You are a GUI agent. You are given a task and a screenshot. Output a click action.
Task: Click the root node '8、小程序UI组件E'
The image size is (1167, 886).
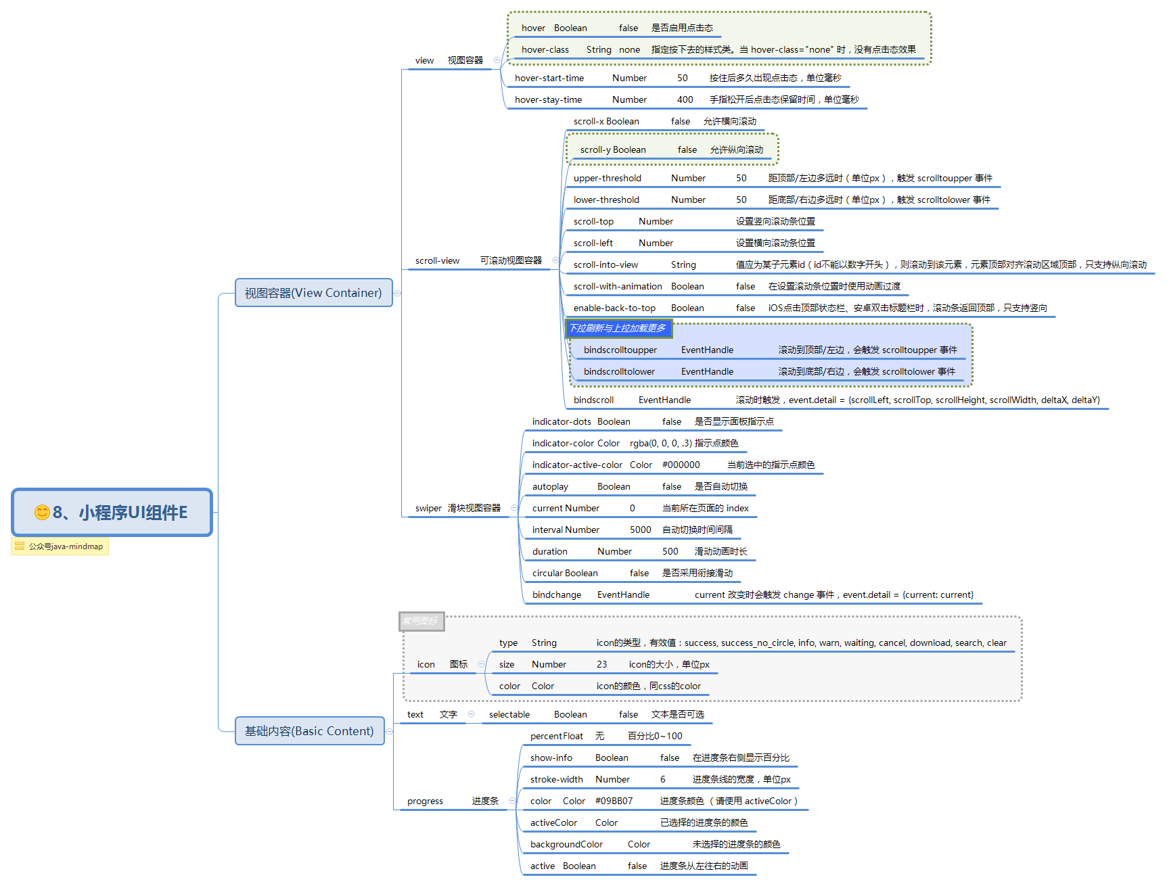pos(112,512)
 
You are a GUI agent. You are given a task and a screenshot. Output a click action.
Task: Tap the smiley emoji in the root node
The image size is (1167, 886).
pos(42,513)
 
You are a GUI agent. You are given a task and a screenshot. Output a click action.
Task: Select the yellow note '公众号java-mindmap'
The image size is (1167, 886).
pos(60,546)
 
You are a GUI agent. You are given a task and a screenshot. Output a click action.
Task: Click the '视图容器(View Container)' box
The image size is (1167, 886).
pos(314,293)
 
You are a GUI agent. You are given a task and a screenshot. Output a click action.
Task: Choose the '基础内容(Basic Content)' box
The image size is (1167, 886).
pos(310,731)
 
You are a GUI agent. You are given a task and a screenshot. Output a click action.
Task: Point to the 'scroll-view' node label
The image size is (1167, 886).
pos(437,261)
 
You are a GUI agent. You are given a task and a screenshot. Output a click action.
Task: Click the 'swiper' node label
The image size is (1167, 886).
pos(428,509)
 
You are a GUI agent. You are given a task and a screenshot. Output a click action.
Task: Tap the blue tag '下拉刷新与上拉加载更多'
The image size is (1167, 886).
pos(618,328)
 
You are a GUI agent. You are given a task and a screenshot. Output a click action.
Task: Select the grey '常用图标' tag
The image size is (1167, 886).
pos(421,621)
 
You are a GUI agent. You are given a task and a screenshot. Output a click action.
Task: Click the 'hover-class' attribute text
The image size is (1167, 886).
pos(545,50)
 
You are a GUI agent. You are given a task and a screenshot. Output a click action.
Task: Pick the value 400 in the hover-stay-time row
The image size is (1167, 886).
pos(685,100)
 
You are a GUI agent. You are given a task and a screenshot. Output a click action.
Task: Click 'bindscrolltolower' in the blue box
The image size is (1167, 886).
pos(619,372)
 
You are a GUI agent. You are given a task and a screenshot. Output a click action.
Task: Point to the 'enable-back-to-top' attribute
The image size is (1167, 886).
pos(614,308)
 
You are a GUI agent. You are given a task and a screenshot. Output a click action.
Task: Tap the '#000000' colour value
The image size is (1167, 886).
pos(681,465)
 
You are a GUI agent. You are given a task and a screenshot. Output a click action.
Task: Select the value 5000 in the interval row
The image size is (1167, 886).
pos(640,530)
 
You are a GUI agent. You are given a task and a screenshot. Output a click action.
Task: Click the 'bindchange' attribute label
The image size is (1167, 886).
pos(557,595)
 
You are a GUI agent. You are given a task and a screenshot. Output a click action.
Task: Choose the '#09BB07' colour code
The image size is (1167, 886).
pos(614,801)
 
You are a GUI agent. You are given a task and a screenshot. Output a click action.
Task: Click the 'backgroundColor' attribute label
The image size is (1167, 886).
pos(566,845)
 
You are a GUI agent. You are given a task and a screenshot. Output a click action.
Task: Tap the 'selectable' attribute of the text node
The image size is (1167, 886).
pos(509,715)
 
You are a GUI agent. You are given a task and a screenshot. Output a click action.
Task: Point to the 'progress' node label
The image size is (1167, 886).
pos(425,801)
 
